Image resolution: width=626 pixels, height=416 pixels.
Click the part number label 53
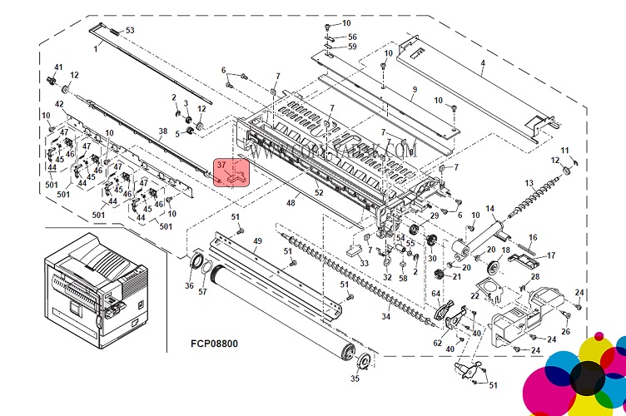129,31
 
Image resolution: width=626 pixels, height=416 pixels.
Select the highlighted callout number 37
221,166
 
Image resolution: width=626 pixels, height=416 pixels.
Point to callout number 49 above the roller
257,241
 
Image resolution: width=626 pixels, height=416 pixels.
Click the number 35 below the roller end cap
355,379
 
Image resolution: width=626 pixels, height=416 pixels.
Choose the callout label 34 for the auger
385,317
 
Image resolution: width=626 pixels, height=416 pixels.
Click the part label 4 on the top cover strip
482,64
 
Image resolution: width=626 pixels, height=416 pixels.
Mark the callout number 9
413,90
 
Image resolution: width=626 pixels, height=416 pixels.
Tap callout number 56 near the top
352,37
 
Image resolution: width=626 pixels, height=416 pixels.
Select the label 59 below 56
352,47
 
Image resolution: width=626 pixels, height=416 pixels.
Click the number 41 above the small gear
58,67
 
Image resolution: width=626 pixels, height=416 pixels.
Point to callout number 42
59,104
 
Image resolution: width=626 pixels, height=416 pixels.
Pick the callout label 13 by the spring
529,182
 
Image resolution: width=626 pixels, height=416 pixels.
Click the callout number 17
550,255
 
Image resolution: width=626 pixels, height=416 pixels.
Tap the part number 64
435,292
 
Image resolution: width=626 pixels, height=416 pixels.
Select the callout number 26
565,332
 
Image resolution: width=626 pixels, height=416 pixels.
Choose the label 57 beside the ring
202,291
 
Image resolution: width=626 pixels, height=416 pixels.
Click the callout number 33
364,264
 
